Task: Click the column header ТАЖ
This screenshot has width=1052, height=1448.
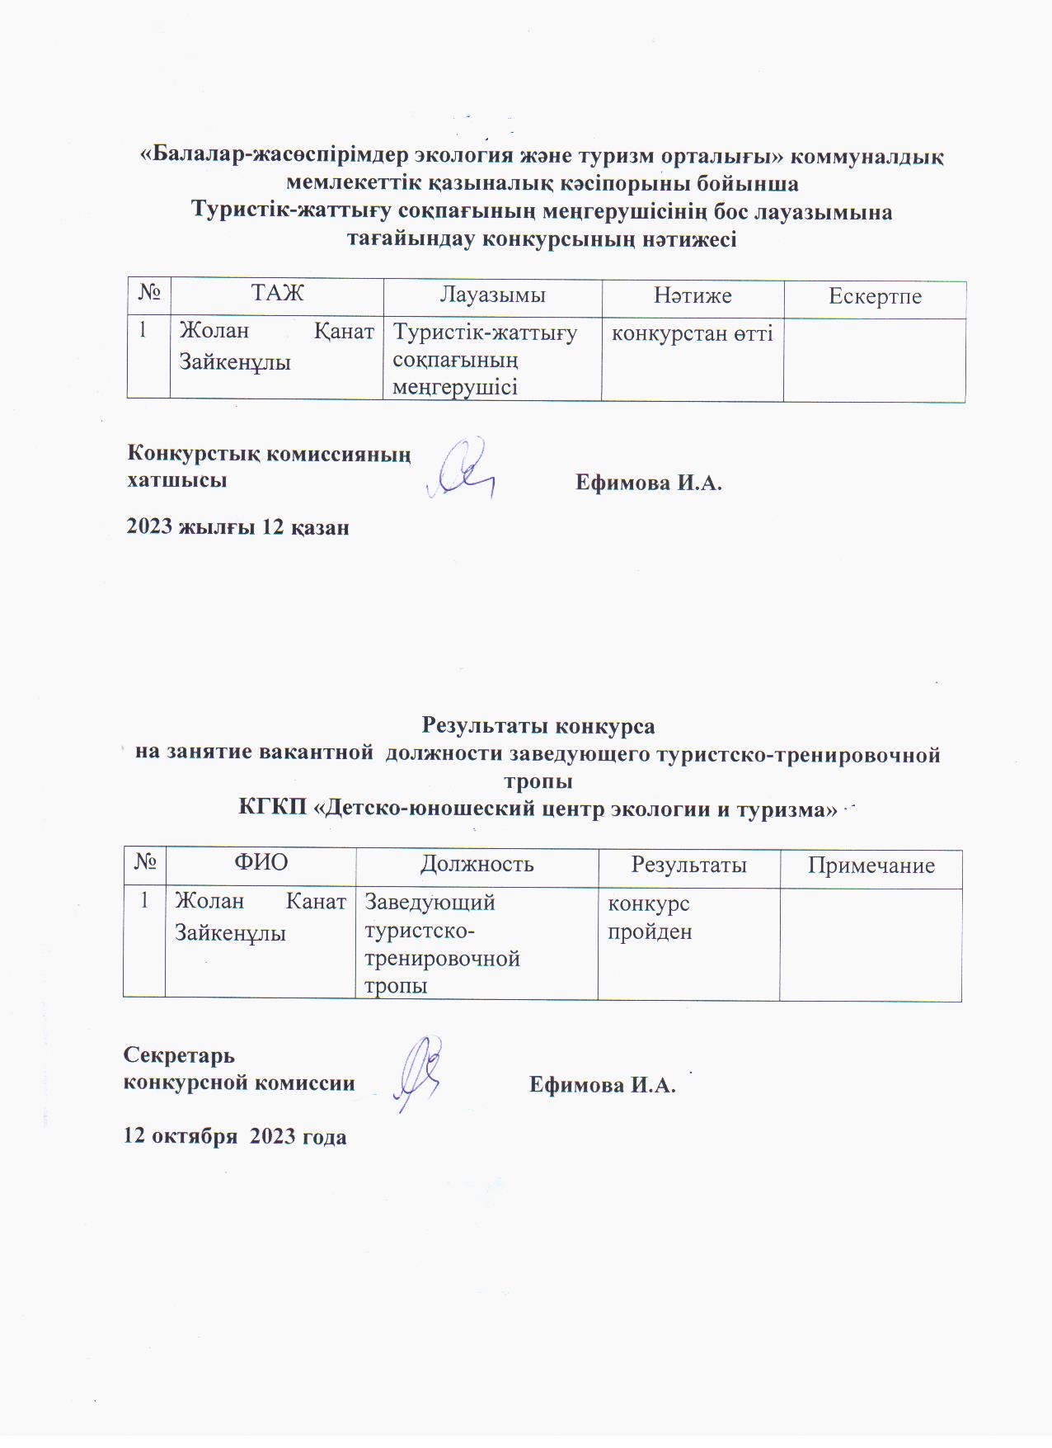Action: [277, 293]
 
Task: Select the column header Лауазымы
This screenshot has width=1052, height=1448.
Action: [492, 295]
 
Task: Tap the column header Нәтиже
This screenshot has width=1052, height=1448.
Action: [693, 295]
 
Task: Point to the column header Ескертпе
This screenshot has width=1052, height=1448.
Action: [875, 297]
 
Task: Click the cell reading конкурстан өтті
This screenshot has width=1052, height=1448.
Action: [692, 334]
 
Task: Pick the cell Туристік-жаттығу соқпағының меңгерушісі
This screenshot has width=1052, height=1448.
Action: [485, 360]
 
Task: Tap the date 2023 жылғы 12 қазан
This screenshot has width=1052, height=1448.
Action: [237, 527]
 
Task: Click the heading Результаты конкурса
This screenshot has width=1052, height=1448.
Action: [538, 725]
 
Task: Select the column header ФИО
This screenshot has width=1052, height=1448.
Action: [261, 862]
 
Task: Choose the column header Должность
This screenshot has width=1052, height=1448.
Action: [477, 863]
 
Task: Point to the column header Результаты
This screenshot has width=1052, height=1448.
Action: [688, 864]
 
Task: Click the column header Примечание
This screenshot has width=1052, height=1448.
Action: [871, 865]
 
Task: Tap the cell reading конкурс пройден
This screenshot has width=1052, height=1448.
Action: [650, 917]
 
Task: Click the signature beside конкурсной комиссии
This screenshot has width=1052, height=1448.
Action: [419, 1072]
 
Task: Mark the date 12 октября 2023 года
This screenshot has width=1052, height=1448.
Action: [235, 1136]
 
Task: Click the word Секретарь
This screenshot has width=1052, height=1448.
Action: [179, 1055]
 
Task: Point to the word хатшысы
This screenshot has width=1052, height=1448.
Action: [177, 480]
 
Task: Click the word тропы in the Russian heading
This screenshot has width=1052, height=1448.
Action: [538, 781]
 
